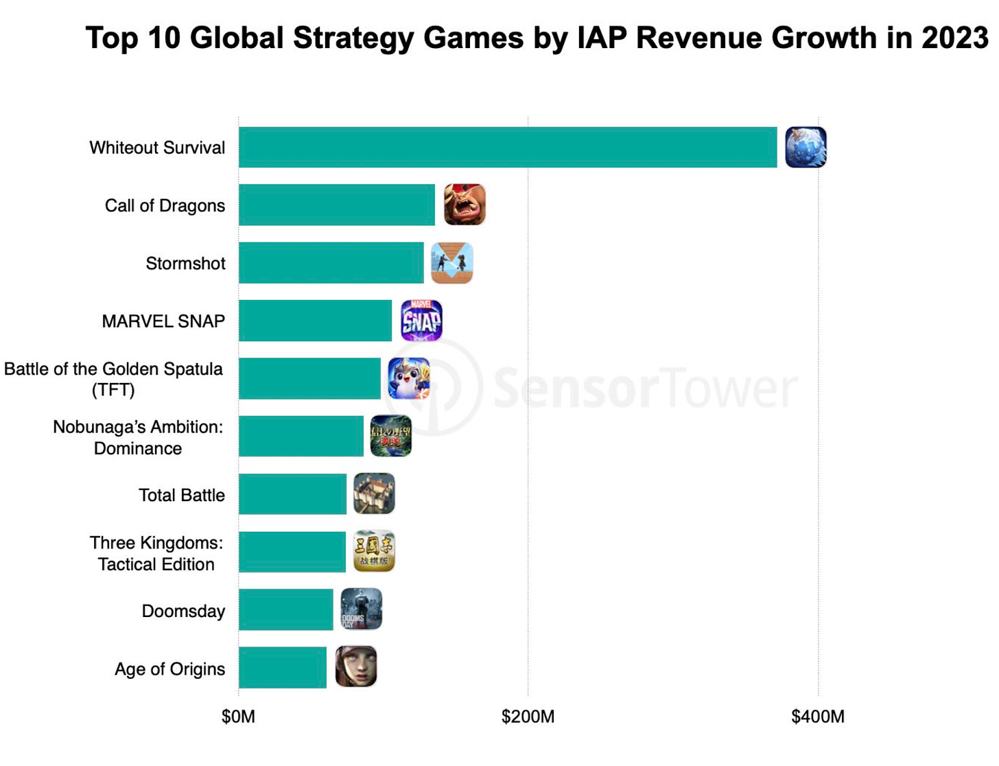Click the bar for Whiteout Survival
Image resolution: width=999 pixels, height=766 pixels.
point(508,148)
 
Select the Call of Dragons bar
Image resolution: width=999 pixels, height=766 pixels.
point(337,205)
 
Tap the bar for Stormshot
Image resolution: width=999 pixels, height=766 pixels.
point(331,263)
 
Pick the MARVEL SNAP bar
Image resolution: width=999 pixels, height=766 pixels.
point(316,321)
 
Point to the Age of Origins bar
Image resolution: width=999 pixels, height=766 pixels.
point(283,668)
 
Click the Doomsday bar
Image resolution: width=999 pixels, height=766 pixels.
point(286,610)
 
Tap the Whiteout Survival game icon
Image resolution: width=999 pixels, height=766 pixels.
point(806,148)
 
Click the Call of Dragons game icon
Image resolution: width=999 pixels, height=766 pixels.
point(465,205)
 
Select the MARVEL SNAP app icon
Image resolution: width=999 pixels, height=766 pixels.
point(421,321)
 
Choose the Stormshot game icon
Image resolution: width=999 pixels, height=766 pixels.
point(452,263)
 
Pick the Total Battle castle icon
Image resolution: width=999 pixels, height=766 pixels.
point(374,494)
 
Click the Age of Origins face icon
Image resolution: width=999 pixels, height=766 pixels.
point(356,666)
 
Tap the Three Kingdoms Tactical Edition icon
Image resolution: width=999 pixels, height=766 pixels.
point(374,551)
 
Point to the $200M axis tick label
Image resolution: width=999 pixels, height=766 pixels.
point(528,717)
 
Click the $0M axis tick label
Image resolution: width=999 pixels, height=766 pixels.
point(238,717)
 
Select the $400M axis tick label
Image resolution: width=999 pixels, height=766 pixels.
point(818,717)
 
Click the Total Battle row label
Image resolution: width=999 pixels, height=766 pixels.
point(182,496)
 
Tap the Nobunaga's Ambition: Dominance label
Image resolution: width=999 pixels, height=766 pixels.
point(138,437)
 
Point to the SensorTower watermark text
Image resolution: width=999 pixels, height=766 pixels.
point(645,388)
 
